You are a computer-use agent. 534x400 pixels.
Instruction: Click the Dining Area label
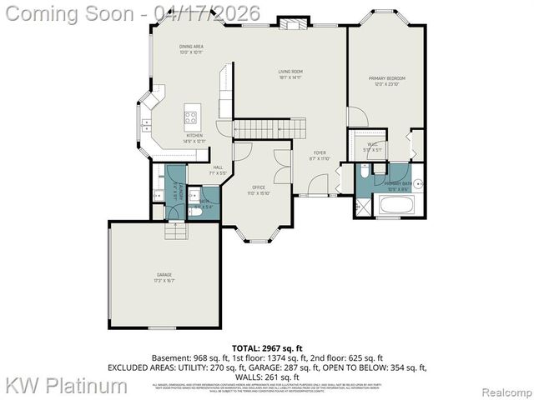click(x=191, y=49)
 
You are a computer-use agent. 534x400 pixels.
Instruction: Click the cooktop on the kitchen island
click(x=192, y=117)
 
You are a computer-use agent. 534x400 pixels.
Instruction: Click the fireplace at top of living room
click(x=292, y=24)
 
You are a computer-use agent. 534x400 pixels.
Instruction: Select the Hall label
click(x=217, y=170)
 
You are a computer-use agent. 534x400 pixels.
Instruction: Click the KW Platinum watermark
click(x=67, y=385)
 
